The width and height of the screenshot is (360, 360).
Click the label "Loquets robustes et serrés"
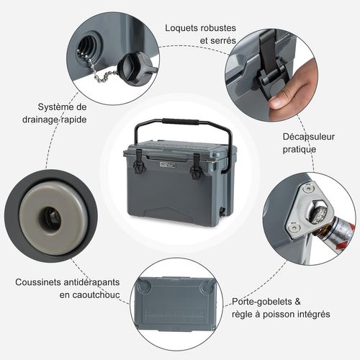(x=200, y=34)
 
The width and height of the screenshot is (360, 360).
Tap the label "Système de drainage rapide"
(x=54, y=112)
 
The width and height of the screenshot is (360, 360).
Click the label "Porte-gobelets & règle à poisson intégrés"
(x=282, y=308)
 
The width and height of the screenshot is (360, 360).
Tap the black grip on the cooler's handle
(x=181, y=122)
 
